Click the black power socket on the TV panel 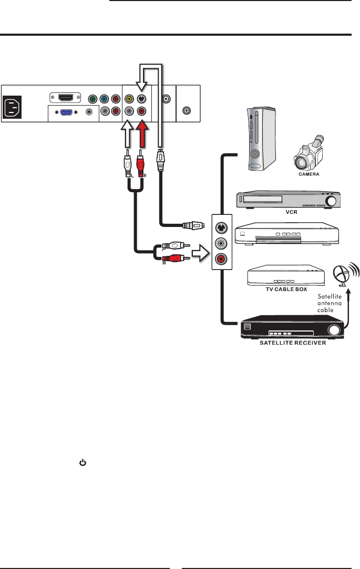(x=12, y=107)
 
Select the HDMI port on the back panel (x=65, y=98)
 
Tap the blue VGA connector (x=66, y=112)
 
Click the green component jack (x=93, y=99)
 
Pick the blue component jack (x=104, y=99)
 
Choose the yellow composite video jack (x=129, y=99)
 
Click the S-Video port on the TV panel (x=141, y=99)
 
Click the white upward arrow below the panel (x=127, y=134)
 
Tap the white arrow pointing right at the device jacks (x=200, y=253)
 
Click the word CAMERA (x=309, y=174)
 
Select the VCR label (x=291, y=212)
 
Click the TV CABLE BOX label (x=286, y=289)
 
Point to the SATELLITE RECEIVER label (x=293, y=343)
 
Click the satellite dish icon (x=346, y=274)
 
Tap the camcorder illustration (x=309, y=153)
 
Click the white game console (x=261, y=139)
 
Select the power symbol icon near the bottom (x=83, y=463)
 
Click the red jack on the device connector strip (x=221, y=258)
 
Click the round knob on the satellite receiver (x=334, y=329)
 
